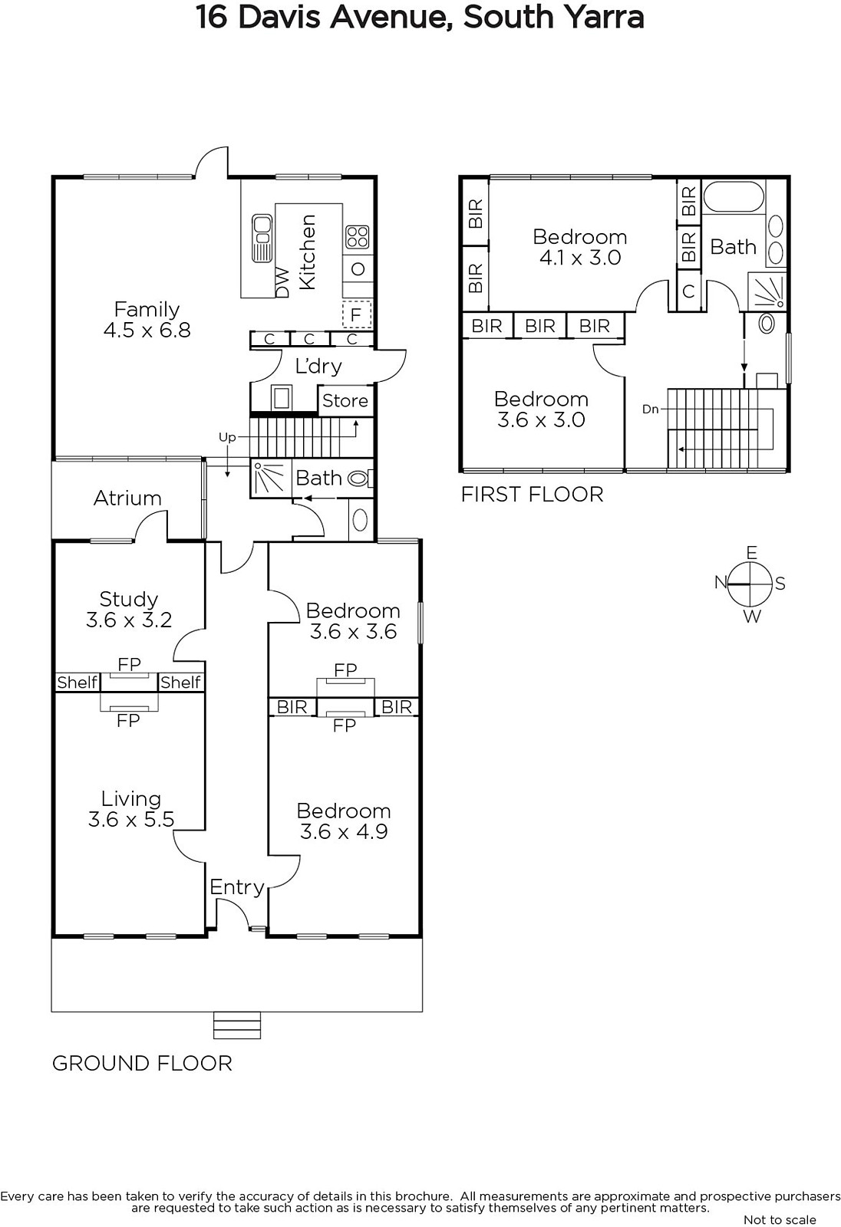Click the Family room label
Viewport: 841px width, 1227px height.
147,310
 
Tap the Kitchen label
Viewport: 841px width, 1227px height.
308,252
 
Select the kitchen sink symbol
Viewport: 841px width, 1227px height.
262,238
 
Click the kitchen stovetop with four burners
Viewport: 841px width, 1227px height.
357,238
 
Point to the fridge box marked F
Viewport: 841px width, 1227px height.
357,314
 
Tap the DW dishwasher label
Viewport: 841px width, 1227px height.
282,282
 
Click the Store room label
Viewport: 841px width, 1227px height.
345,400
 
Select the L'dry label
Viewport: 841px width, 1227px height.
318,365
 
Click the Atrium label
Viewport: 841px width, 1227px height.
127,498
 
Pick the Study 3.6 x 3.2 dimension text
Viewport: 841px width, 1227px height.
129,620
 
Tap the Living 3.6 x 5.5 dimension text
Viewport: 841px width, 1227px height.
131,819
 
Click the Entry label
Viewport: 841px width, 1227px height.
237,887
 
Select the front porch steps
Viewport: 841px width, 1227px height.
237,1025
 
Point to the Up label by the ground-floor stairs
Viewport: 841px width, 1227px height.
227,437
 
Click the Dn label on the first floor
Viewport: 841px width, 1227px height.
650,409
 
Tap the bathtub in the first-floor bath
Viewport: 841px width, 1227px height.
734,197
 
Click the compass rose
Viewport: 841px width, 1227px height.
751,584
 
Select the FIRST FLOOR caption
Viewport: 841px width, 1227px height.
532,495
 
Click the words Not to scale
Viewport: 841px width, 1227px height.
780,1219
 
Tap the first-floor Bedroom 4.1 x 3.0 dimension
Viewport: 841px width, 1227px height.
580,258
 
